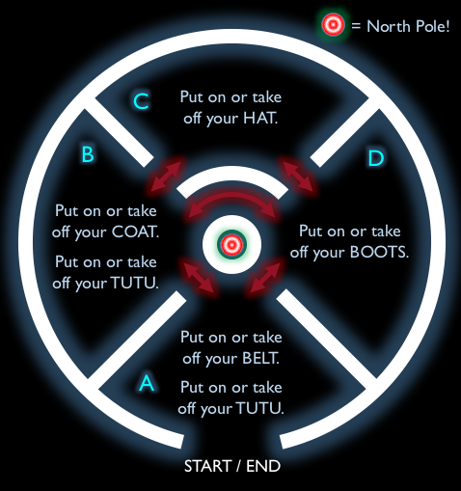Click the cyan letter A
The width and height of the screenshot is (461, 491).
(x=147, y=382)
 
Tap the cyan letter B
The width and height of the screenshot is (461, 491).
(x=88, y=154)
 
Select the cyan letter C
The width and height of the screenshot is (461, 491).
(x=141, y=101)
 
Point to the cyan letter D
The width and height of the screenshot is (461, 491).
(x=375, y=158)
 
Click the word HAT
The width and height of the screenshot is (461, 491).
(x=260, y=118)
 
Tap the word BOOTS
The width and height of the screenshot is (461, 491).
(x=379, y=252)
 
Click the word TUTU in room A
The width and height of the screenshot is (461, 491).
(x=259, y=408)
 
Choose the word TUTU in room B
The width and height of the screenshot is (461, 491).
(x=135, y=283)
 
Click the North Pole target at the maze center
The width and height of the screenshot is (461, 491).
(x=231, y=245)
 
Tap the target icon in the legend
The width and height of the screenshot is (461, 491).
(x=333, y=24)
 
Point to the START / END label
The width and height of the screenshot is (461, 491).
(x=232, y=466)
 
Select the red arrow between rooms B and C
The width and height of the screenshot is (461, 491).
(x=165, y=176)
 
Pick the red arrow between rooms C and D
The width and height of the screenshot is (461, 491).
(x=298, y=176)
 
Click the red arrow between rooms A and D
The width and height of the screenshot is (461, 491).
(x=264, y=277)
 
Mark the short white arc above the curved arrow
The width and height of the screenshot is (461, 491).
(x=231, y=174)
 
